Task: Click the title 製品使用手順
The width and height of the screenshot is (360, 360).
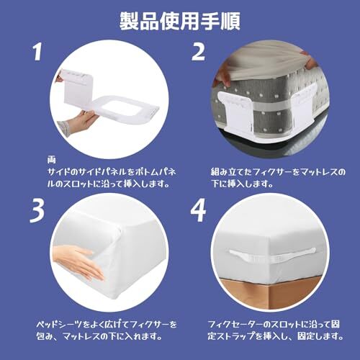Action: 180,22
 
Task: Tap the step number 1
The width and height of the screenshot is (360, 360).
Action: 37,53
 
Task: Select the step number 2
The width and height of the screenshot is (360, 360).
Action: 199,52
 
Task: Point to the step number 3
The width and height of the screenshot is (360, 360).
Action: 37,211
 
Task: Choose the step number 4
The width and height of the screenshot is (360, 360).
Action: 198,210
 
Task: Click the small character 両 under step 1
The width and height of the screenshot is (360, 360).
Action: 51,160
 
